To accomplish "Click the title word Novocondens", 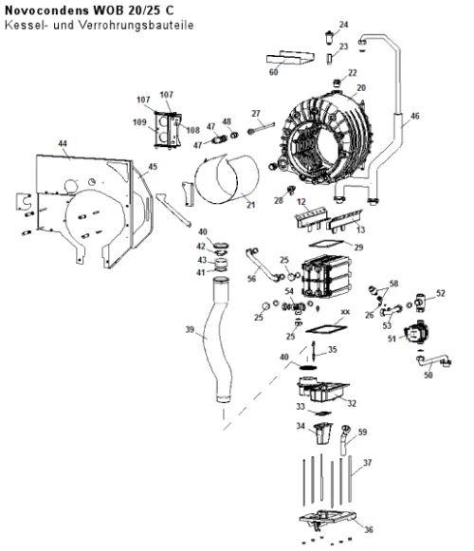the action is click(46, 10).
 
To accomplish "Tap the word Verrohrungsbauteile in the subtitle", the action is click(137, 26).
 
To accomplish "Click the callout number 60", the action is click(273, 72).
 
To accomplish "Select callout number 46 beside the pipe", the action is click(414, 116).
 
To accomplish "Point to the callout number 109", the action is click(139, 122).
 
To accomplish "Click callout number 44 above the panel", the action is click(63, 143).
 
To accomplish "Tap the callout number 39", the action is click(190, 329).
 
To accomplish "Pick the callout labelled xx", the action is click(345, 312).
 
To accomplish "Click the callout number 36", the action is click(368, 529).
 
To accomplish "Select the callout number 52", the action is click(440, 293).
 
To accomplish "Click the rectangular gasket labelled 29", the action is click(326, 244).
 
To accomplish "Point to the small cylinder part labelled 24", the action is click(329, 37).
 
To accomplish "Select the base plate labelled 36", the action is click(327, 520).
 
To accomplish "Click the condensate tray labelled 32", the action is click(322, 390).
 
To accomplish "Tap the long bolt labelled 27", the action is click(261, 127).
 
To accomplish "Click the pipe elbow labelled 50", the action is click(433, 361).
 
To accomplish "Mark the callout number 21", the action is click(250, 205).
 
